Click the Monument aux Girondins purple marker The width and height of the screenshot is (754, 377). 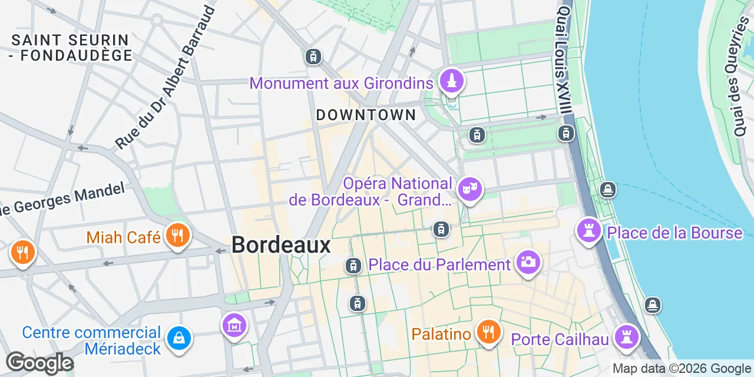pos(452,81)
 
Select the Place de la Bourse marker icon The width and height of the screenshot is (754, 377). pos(588,230)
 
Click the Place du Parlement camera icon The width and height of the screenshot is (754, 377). pos(528,262)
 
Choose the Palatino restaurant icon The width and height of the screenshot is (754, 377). pos(488,333)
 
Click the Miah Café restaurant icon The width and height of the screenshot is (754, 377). pos(177,236)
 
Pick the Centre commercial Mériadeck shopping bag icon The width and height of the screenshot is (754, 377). pos(178,338)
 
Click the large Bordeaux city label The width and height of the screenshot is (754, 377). pos(281,245)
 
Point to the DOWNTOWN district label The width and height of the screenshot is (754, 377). pos(366,115)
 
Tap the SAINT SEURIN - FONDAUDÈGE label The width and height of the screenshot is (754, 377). pos(70,48)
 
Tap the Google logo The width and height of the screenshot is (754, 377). pos(39,363)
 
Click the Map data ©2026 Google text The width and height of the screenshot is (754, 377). pos(681,369)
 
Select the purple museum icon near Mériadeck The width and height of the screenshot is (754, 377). pos(234,325)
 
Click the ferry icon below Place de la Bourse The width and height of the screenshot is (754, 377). pos(652,305)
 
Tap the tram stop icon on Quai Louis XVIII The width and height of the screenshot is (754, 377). pos(566,134)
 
